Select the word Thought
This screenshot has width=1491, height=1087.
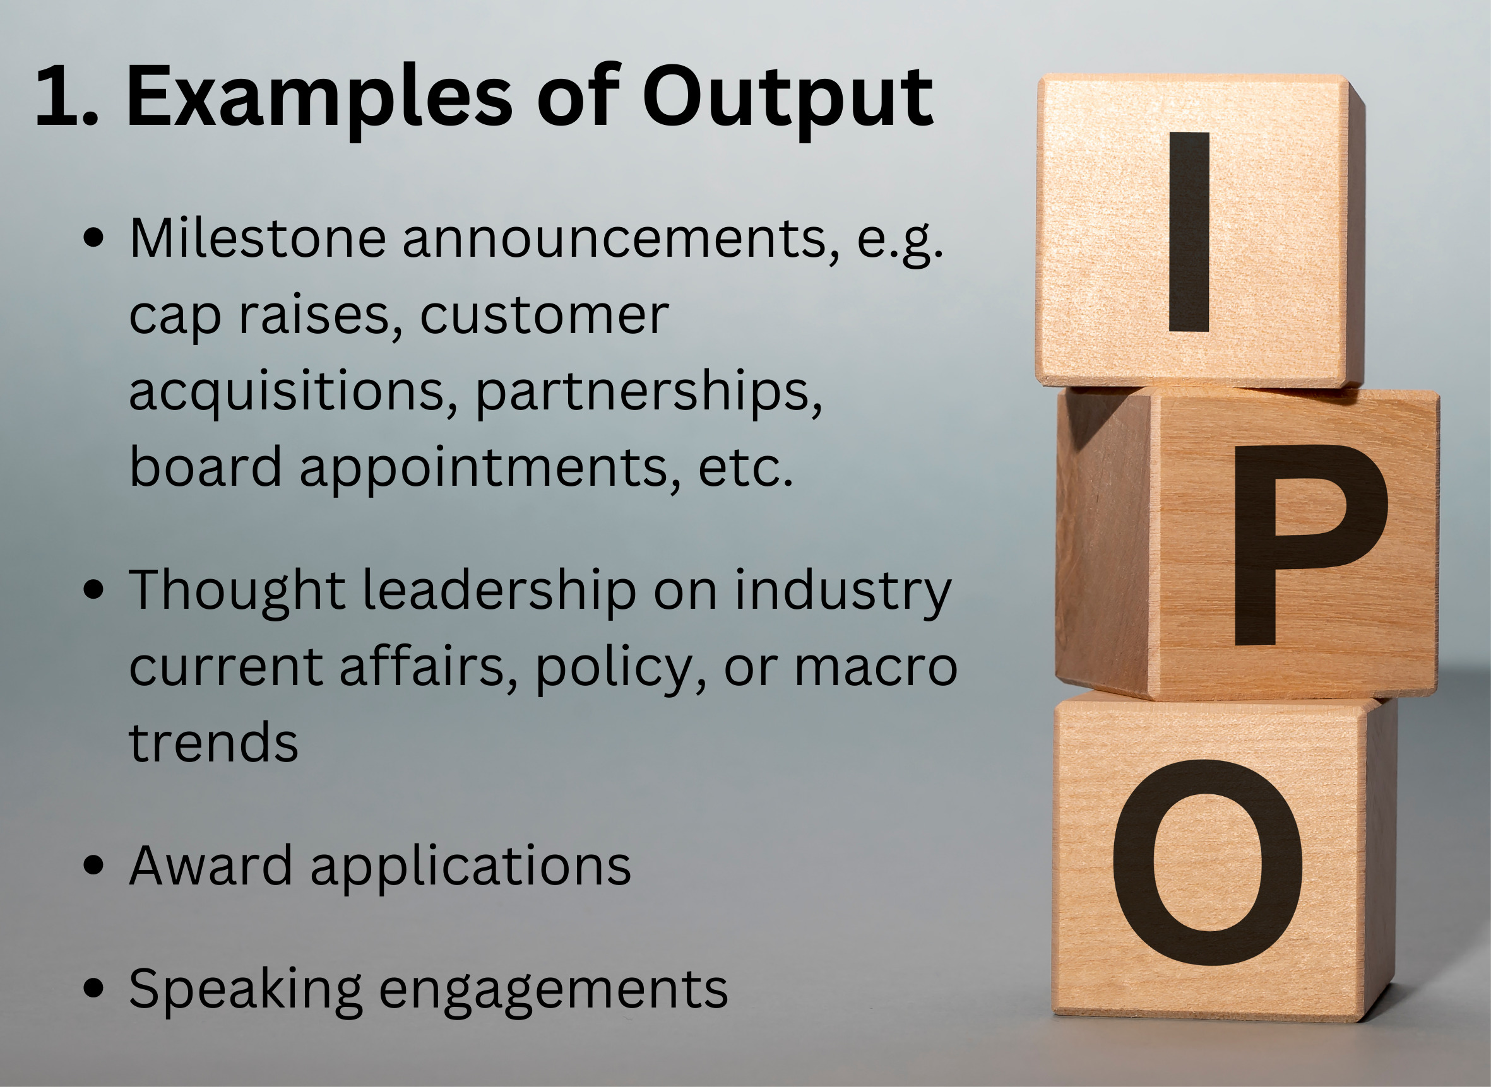tap(237, 591)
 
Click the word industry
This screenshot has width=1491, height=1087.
tap(843, 591)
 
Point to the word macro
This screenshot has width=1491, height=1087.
tap(875, 669)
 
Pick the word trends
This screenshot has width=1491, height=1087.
tap(213, 741)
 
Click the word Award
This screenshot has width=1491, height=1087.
tap(211, 866)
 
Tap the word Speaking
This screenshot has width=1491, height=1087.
tap(246, 990)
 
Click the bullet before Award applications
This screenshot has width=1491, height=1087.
tap(94, 866)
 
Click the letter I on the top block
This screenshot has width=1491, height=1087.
tap(1189, 232)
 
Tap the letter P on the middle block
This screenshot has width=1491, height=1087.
tap(1310, 545)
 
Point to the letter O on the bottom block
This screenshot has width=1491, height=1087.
tap(1208, 862)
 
